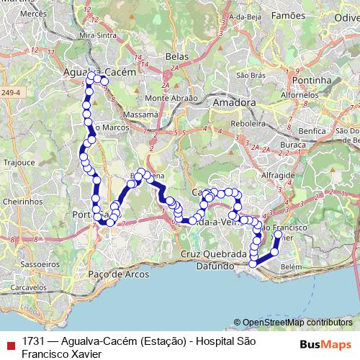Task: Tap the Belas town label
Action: [176, 55]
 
